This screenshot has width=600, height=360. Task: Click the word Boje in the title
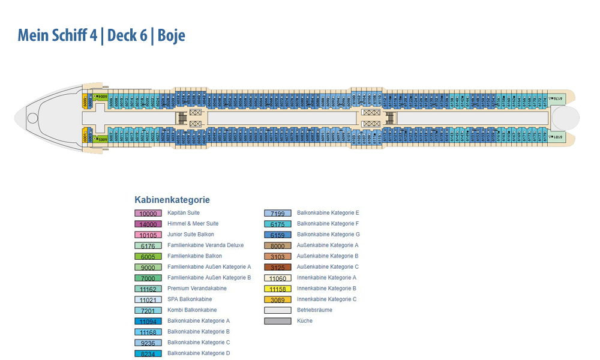pyautogui.click(x=171, y=35)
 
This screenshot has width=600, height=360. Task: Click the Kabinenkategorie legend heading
pyautogui.click(x=172, y=200)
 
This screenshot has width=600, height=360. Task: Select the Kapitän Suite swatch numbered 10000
pyautogui.click(x=148, y=214)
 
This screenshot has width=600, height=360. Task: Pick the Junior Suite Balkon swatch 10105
pyautogui.click(x=148, y=235)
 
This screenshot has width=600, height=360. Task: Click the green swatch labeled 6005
pyautogui.click(x=148, y=257)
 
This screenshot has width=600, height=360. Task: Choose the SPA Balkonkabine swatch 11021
pyautogui.click(x=148, y=300)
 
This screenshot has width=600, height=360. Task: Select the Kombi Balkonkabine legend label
pyautogui.click(x=192, y=310)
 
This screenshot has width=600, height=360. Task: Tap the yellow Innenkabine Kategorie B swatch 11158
pyautogui.click(x=278, y=289)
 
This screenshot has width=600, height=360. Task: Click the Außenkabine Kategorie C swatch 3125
pyautogui.click(x=278, y=268)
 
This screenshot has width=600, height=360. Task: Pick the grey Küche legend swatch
pyautogui.click(x=278, y=322)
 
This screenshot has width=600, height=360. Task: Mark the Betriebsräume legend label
pyautogui.click(x=314, y=310)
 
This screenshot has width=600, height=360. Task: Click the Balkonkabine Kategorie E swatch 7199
pyautogui.click(x=278, y=214)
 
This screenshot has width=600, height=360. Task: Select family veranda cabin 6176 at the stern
pyautogui.click(x=557, y=98)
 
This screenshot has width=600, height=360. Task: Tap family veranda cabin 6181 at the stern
pyautogui.click(x=557, y=137)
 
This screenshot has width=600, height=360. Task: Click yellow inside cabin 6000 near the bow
pyautogui.click(x=85, y=102)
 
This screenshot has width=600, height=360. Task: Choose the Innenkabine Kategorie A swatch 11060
pyautogui.click(x=278, y=278)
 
